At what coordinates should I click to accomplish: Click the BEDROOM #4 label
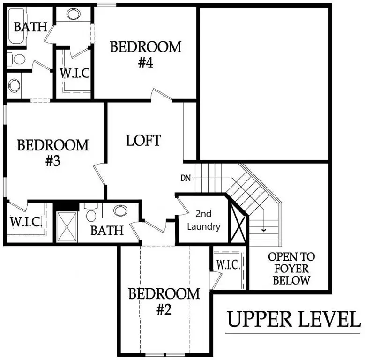click(x=145, y=55)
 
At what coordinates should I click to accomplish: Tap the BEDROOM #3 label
click(x=52, y=153)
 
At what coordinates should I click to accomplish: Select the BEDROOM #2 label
click(x=164, y=302)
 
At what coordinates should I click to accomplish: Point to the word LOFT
click(x=143, y=140)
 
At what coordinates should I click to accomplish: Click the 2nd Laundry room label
click(x=203, y=220)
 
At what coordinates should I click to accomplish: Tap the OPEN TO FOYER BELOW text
click(x=291, y=269)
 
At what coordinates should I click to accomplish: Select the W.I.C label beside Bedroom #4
click(x=74, y=74)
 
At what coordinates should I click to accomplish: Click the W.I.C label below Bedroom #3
click(x=26, y=221)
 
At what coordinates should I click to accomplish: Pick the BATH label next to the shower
click(x=107, y=230)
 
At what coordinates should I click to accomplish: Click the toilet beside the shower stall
click(x=91, y=216)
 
